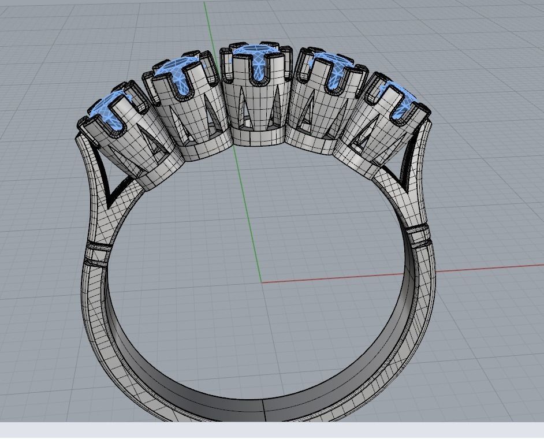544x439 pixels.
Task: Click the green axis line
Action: (x=231, y=144)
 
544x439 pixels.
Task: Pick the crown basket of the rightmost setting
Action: (x=364, y=139)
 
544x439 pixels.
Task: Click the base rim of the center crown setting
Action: (x=257, y=139)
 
